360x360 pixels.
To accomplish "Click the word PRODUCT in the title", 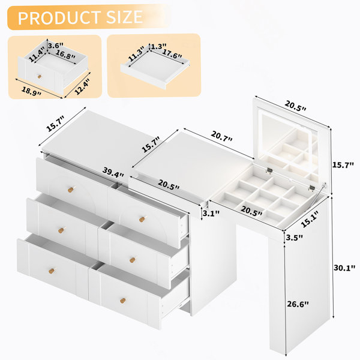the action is (59, 17).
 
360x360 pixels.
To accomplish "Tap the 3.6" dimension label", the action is (56, 45).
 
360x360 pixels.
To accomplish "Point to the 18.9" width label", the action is (31, 91).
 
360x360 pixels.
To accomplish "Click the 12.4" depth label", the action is (82, 86).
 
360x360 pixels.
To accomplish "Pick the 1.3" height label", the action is (158, 46).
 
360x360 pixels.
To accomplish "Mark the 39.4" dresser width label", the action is (113, 172).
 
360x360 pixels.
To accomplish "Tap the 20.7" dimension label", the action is (222, 136).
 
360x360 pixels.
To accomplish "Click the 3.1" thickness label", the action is (211, 214).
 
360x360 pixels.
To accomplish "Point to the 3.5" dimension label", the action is (295, 238).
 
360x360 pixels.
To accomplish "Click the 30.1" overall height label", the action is (344, 268).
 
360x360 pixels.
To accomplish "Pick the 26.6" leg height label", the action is (298, 304).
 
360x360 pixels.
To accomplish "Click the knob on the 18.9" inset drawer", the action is (40, 76).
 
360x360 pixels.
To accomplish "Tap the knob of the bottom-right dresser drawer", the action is (123, 301).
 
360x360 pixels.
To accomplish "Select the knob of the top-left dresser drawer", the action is (71, 190).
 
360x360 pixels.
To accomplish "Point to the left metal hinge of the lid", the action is (269, 170).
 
